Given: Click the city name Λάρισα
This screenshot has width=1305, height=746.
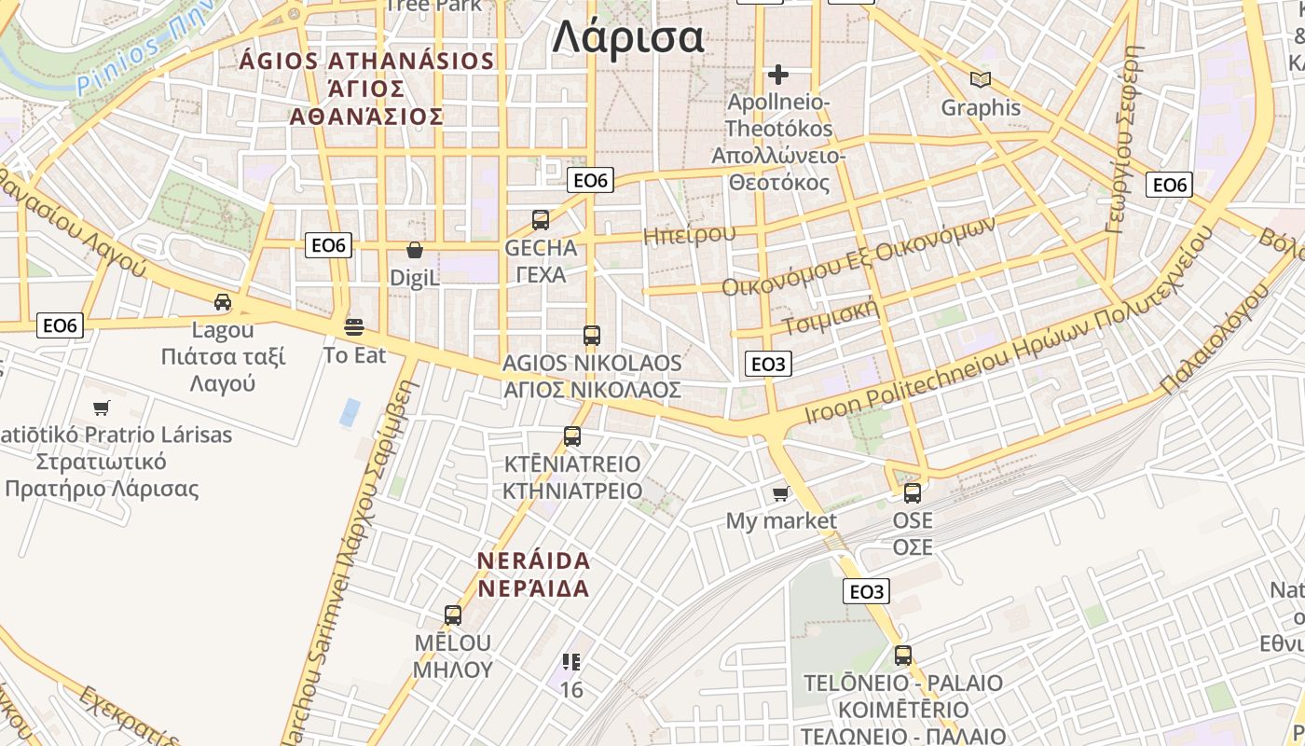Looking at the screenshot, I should coord(627,38).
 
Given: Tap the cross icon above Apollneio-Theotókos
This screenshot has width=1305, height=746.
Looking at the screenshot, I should coord(778,74).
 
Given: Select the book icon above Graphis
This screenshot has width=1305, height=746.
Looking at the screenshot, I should coord(980,79).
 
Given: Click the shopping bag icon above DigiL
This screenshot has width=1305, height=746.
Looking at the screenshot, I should coord(415,250).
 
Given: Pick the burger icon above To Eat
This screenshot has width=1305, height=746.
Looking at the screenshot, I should coord(354,326).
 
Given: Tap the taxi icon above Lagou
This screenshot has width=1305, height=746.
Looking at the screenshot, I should coord(223,301).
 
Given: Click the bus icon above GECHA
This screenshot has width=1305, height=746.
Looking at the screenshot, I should coord(541,220).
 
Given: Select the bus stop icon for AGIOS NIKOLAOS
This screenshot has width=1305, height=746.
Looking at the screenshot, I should coord(591,335).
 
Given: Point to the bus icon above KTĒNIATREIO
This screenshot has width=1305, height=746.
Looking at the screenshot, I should coord(572,435).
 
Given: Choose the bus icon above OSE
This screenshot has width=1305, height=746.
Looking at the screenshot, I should coord(913,492).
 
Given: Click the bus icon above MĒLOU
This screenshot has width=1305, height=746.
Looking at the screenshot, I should coord(453,615).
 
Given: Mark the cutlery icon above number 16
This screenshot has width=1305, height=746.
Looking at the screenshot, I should coord(571,662).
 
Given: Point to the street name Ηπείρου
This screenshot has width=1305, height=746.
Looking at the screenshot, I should coord(689,234).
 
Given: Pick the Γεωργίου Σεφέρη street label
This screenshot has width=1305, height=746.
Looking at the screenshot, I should coord(1122,140).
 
